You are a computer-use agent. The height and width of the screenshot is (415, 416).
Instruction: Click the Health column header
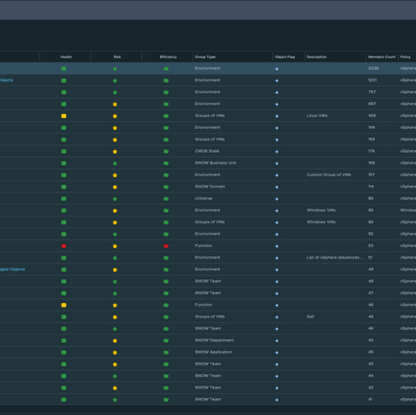[x=66, y=57]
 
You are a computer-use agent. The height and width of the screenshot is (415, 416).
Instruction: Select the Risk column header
[x=117, y=57]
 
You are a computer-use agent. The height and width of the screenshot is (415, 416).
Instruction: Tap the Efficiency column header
[x=168, y=57]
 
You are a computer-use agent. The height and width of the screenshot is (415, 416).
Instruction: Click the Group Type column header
[x=205, y=57]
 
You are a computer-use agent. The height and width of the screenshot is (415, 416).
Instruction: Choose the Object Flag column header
[x=285, y=57]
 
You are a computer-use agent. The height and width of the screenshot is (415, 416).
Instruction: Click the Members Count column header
[x=382, y=57]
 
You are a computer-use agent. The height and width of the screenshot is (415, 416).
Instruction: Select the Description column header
[x=317, y=57]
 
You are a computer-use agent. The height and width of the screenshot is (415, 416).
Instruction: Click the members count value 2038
[x=373, y=68]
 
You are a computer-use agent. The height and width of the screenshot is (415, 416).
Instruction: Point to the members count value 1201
[x=372, y=80]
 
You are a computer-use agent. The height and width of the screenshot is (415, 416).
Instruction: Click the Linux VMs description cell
[x=318, y=116]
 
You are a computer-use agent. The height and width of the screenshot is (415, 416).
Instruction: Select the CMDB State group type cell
[x=207, y=151]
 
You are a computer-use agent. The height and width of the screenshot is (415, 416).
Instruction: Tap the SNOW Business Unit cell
[x=215, y=163]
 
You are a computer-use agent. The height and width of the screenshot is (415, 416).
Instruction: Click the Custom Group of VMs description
[x=329, y=175]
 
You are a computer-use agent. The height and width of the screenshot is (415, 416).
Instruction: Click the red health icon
[x=63, y=246]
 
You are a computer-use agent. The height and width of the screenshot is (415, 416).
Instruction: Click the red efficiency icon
[x=166, y=246]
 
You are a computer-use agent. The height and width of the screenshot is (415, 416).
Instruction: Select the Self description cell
[x=311, y=317]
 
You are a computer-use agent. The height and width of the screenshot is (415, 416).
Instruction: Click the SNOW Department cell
[x=214, y=341]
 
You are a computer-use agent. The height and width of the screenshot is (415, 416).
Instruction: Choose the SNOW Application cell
[x=214, y=352]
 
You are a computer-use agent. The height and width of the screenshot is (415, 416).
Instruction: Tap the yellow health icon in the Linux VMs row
[x=63, y=116]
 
